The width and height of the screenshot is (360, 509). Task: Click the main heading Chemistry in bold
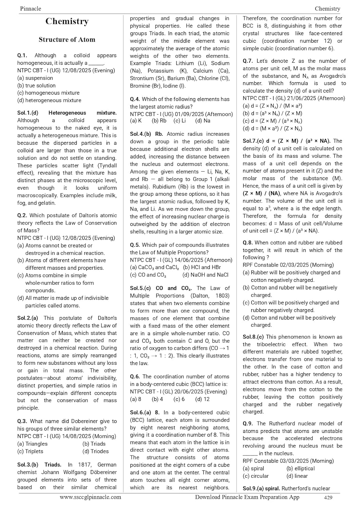point(67,21)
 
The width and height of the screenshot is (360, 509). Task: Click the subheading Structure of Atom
point(67,40)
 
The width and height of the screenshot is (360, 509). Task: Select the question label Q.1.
point(22,55)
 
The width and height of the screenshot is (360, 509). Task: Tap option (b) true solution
point(36,86)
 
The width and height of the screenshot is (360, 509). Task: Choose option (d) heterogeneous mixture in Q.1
point(49,100)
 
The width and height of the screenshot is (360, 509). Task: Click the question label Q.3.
point(22,421)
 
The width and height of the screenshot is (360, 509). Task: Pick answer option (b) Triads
point(94,444)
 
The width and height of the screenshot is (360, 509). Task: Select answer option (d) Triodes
point(95,451)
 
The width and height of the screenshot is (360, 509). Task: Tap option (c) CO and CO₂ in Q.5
point(148,275)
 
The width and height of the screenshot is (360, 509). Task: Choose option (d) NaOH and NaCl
point(205,275)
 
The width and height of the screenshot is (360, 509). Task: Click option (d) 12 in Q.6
point(202,399)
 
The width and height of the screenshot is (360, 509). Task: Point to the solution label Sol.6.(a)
point(140,413)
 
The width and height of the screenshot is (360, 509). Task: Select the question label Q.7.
point(248,61)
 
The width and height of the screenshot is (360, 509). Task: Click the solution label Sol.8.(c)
point(253,337)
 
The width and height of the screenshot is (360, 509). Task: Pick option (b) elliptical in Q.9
point(300,469)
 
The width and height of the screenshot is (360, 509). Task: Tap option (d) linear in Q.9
point(297,476)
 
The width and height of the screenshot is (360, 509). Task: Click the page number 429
point(328,498)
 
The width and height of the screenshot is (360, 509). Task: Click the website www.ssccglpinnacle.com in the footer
point(90,497)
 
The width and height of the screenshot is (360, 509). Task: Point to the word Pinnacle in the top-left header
point(31,8)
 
